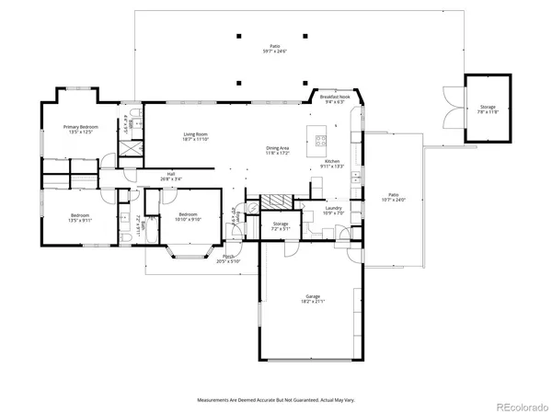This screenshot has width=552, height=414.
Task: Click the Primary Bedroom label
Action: pyautogui.click(x=80, y=126)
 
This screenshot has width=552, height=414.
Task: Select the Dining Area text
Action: pyautogui.click(x=278, y=148)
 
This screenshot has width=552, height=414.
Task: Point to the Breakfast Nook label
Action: pyautogui.click(x=334, y=97)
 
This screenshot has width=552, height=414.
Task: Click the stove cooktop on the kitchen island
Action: pyautogui.click(x=321, y=141)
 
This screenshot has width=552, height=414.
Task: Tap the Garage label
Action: pyautogui.click(x=312, y=297)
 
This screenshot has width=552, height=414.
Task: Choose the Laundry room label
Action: pyautogui.click(x=333, y=209)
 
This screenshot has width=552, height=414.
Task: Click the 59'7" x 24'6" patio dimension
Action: pyautogui.click(x=274, y=52)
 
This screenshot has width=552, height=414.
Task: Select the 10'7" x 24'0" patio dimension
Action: pyautogui.click(x=393, y=199)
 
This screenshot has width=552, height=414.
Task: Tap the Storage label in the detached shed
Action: pyautogui.click(x=487, y=108)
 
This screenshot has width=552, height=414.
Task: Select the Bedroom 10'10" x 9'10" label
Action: pyautogui.click(x=189, y=219)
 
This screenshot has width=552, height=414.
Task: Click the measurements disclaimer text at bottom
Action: pyautogui.click(x=275, y=399)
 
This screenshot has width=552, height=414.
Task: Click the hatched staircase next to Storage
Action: pyautogui.click(x=274, y=201)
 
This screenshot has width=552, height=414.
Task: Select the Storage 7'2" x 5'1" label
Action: pyautogui.click(x=281, y=224)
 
